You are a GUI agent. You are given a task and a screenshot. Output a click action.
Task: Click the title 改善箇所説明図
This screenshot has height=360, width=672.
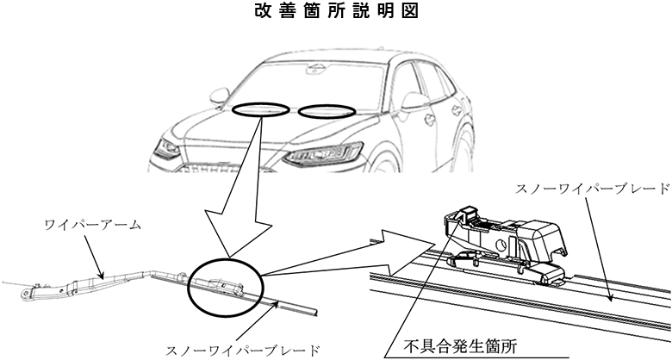pos(335,15)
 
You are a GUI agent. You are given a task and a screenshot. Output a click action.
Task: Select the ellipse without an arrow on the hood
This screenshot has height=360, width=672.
pos(327,110)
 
